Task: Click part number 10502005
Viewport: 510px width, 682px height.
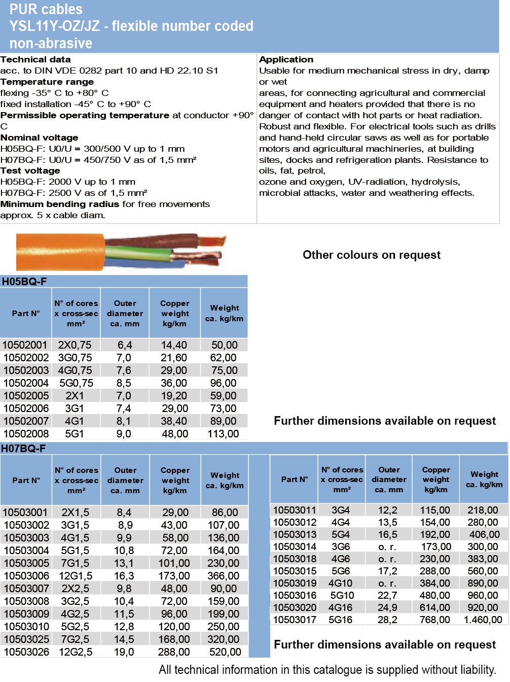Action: coord(26,396)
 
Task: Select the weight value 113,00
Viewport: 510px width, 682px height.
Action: coord(223,434)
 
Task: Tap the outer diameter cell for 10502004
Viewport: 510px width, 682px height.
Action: coord(124,383)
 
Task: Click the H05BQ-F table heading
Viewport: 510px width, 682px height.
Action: coord(24,282)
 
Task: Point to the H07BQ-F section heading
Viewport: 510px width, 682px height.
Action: coord(23,449)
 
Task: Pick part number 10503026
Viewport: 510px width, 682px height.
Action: coord(26,652)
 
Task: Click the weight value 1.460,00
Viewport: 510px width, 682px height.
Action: coord(483,620)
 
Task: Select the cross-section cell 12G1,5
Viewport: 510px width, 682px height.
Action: coord(76,576)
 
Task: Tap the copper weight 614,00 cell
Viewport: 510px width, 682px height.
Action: coord(434,607)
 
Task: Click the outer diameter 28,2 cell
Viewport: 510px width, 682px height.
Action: coord(387,620)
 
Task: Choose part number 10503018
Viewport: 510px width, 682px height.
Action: coord(295,559)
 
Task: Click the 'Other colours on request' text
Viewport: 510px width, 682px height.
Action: coord(372,255)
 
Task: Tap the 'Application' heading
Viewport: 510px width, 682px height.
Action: coord(286,59)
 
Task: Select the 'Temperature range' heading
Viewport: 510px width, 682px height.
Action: coord(47,82)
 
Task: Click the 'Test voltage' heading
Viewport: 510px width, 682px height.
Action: coord(30,170)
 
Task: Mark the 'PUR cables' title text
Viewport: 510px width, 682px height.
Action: coord(46,9)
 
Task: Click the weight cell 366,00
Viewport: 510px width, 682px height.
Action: coord(223,576)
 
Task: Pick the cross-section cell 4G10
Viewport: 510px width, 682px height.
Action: coord(340,583)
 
